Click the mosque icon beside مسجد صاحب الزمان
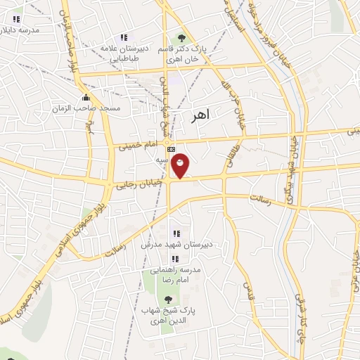86,97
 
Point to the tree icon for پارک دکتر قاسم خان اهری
182,38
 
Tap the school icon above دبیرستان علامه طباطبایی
124,37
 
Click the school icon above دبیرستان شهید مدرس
176,233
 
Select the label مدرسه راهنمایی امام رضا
172,275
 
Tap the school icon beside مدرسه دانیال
15,19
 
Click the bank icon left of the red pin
169,149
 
